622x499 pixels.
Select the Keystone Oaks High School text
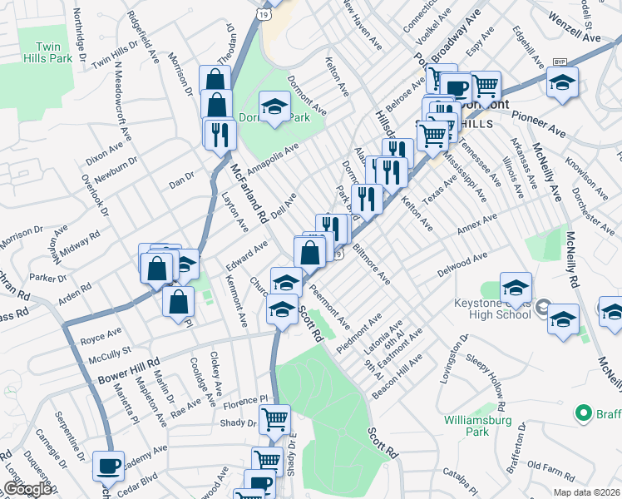489,309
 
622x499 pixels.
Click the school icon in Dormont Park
273,106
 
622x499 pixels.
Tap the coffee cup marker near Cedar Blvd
107,464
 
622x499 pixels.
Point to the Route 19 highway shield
263,14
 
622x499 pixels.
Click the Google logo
27,489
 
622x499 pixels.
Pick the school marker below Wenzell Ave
562,82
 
